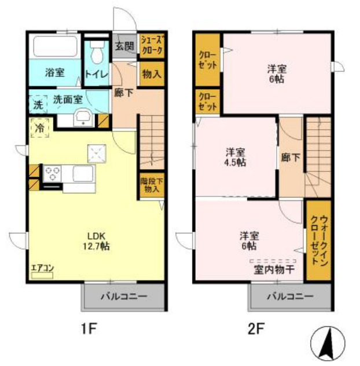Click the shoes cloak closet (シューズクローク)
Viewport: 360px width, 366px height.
click(152, 45)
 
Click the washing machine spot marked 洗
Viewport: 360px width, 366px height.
click(38, 105)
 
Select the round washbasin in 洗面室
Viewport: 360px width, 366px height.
click(83, 116)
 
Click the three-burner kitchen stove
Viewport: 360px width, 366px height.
click(53, 174)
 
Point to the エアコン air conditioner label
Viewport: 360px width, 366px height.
click(42, 268)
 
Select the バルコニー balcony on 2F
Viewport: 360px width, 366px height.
click(290, 297)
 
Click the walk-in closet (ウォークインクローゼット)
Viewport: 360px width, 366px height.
click(318, 240)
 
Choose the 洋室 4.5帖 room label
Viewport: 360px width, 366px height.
click(235, 157)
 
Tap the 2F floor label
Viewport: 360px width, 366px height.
click(256, 330)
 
